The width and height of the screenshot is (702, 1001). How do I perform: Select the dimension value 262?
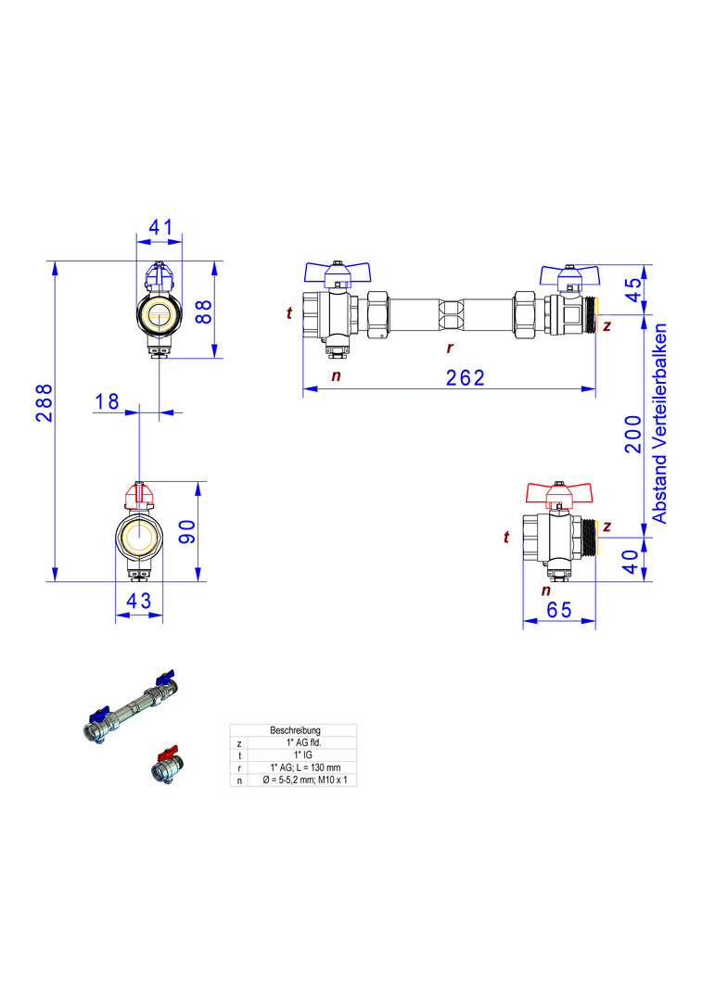click(x=466, y=377)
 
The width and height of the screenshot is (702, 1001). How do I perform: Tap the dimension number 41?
click(x=160, y=225)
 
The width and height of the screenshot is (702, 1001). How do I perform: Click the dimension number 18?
click(x=108, y=400)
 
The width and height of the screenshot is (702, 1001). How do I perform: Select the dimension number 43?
click(x=138, y=601)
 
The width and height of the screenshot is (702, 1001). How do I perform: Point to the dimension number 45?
click(x=634, y=290)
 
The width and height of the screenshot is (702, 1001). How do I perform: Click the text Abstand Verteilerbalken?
click(x=660, y=424)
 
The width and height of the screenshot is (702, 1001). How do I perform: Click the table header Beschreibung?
click(x=293, y=730)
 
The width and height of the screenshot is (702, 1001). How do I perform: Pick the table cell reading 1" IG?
click(x=293, y=755)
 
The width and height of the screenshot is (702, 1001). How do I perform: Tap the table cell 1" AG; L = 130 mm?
click(x=293, y=768)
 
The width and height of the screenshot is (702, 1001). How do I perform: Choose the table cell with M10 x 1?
click(x=293, y=780)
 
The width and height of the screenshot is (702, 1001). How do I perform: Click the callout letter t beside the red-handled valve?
click(x=506, y=537)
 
